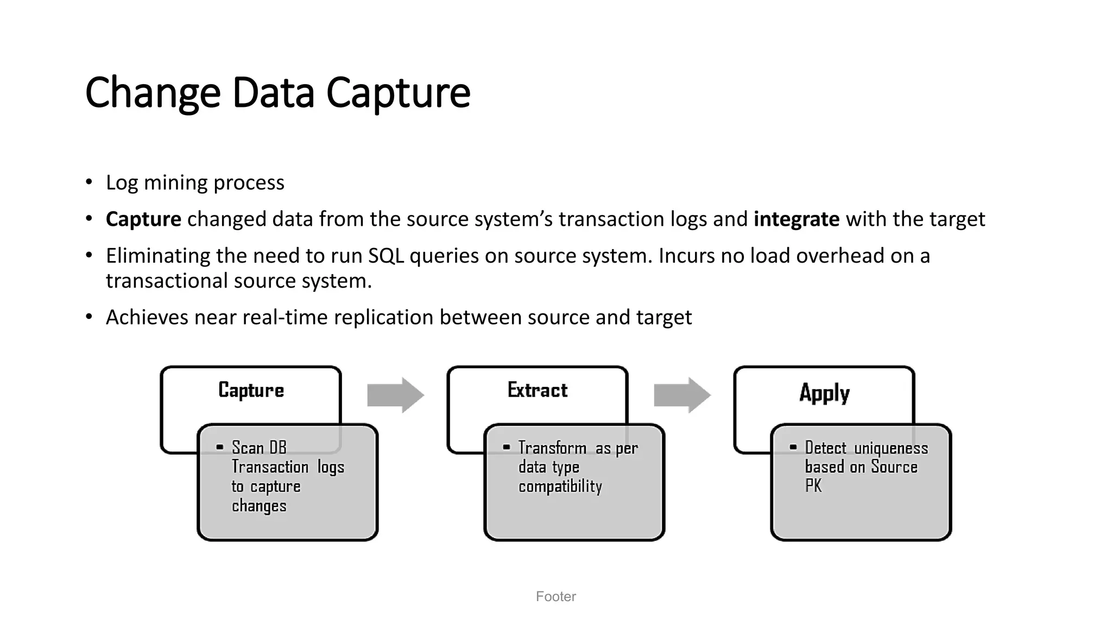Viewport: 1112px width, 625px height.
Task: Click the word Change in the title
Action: [x=153, y=93]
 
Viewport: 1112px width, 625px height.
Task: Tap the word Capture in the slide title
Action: [x=398, y=93]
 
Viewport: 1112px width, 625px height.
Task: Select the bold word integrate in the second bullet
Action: [x=796, y=219]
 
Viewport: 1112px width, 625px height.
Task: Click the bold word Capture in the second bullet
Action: [x=143, y=219]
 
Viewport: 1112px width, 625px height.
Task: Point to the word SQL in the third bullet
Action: [x=386, y=256]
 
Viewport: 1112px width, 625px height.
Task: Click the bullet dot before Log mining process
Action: [x=89, y=182]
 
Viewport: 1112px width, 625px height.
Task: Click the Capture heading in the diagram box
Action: [x=251, y=390]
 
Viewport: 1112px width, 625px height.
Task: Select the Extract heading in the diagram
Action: [x=538, y=390]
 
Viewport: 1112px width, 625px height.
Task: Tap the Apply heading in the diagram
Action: [x=824, y=392]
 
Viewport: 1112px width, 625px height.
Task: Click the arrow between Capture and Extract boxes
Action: [x=395, y=395]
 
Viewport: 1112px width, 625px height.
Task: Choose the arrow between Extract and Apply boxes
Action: [x=682, y=395]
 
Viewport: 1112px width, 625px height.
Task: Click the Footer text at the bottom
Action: [x=555, y=596]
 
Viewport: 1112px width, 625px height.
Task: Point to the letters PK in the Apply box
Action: [x=813, y=486]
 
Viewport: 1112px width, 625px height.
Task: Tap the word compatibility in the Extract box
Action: [x=560, y=486]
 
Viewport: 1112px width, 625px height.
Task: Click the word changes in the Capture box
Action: [x=258, y=506]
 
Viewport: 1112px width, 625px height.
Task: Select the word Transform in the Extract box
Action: [x=552, y=448]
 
